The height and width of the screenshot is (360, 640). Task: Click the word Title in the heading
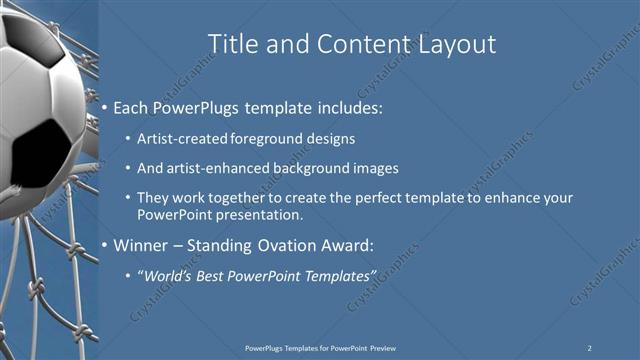[x=231, y=44]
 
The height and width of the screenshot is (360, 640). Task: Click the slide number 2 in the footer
[x=589, y=348]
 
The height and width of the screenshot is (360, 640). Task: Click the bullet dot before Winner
[x=104, y=245]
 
